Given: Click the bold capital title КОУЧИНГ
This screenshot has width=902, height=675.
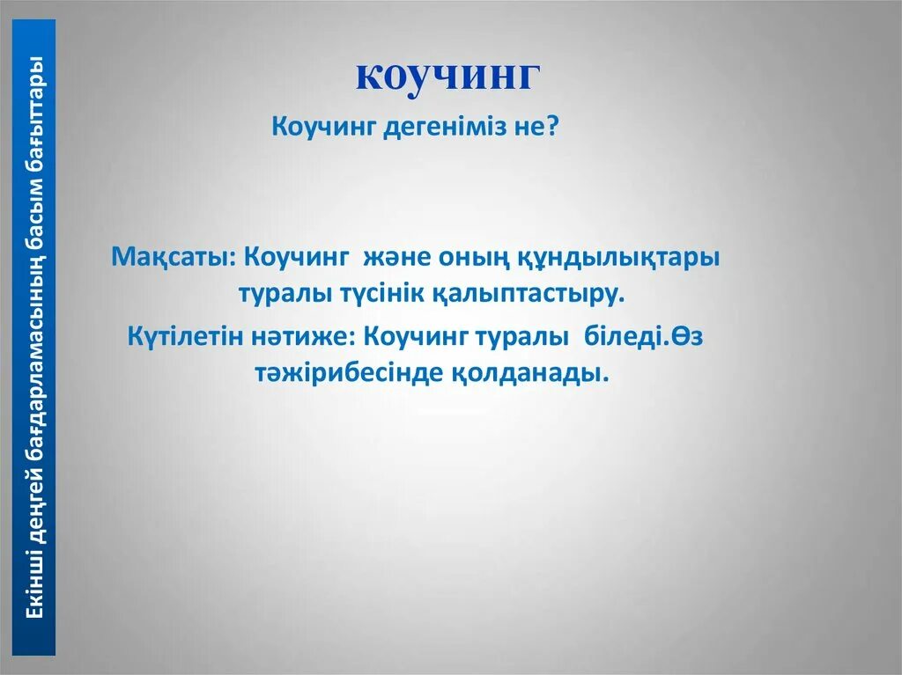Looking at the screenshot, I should coord(447,77).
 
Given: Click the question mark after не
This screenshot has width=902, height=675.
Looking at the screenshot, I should coord(552,128).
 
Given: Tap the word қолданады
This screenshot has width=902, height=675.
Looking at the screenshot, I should coord(532,373).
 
